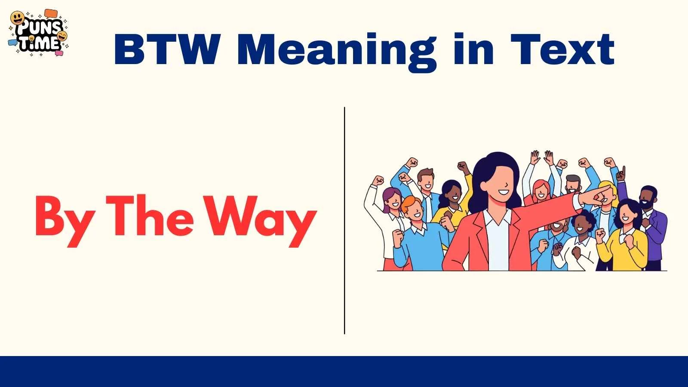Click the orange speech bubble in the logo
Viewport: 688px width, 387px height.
coord(51,14)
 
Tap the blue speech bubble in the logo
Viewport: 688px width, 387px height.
coord(13,42)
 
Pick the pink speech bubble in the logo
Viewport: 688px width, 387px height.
coord(59,53)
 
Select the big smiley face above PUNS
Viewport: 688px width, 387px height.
coord(17,18)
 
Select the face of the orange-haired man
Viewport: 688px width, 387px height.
coord(414,210)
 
